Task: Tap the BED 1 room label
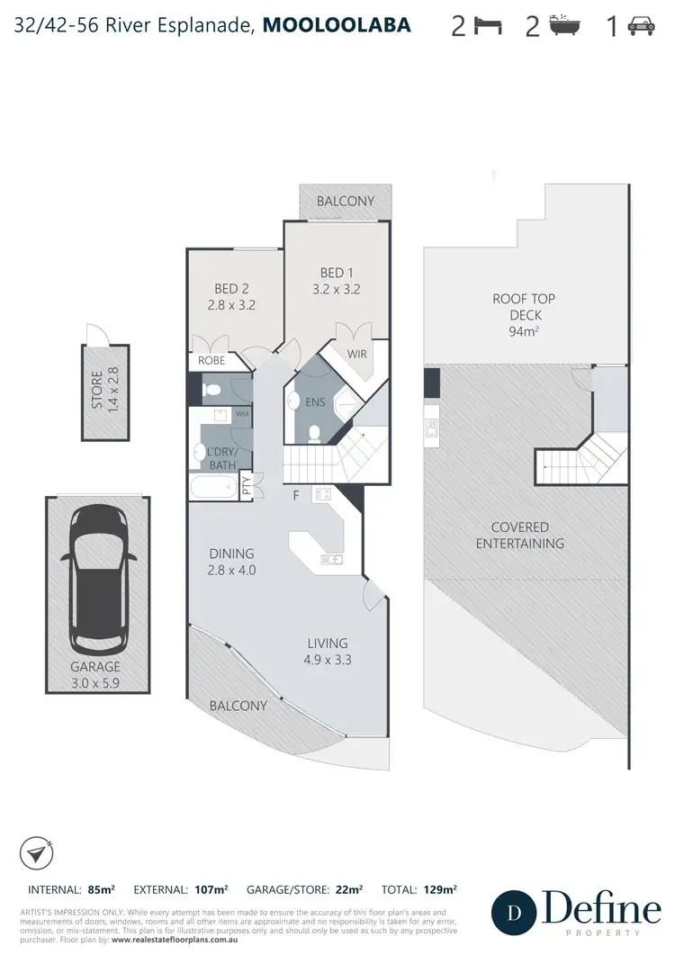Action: coord(337,281)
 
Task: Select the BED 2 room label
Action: coord(231,296)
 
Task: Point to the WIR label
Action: coord(357,356)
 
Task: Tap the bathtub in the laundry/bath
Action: coord(214,488)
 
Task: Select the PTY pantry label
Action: coord(247,488)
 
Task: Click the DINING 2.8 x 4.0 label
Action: coord(231,562)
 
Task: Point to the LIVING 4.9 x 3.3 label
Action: coord(328,651)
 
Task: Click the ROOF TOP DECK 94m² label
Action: coord(522,314)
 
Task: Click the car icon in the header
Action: coord(642,26)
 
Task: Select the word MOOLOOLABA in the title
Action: coord(337,25)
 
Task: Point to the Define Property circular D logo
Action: coord(514,912)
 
